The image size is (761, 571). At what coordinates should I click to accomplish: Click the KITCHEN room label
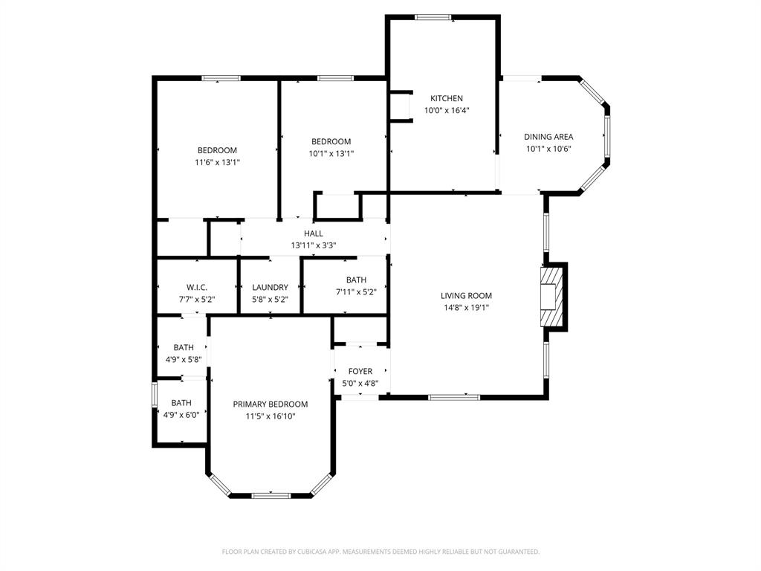click(447, 98)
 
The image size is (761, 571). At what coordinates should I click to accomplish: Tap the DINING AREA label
click(548, 137)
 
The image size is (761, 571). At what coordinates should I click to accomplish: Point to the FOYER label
click(360, 372)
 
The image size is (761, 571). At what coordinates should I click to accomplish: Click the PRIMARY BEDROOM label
click(271, 404)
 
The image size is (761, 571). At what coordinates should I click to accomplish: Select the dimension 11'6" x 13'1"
click(217, 162)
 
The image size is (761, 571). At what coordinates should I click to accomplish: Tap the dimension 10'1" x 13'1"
click(331, 154)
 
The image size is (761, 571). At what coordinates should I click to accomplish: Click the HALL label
click(314, 233)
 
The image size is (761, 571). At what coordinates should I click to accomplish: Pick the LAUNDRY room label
click(270, 288)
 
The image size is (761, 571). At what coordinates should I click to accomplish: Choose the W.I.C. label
click(197, 288)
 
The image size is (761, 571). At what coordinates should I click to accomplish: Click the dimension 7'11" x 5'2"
click(356, 292)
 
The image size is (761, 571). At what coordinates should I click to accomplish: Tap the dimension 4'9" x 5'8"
click(184, 359)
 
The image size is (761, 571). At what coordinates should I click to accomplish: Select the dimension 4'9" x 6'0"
click(181, 416)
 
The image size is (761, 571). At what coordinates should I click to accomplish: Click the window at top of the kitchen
click(433, 17)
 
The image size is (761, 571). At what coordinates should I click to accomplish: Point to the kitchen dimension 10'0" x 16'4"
click(447, 110)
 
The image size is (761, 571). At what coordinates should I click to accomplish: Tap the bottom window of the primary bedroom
click(270, 495)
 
